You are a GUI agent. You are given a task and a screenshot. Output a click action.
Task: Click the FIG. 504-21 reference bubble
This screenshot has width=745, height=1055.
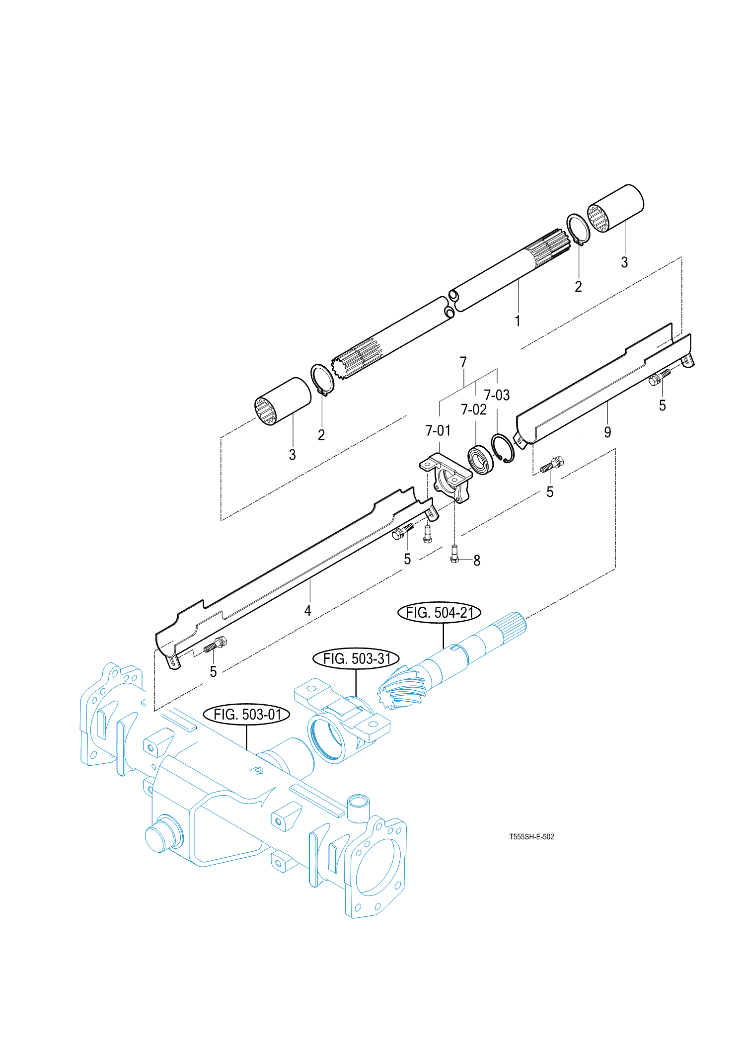pyautogui.click(x=439, y=613)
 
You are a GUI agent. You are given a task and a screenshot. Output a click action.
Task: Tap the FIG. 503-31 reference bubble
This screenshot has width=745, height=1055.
pyautogui.click(x=356, y=659)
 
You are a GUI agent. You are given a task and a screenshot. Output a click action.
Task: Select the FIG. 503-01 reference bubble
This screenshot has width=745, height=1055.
pyautogui.click(x=247, y=715)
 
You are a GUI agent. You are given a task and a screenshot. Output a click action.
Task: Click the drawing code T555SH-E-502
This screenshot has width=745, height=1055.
pyautogui.click(x=531, y=837)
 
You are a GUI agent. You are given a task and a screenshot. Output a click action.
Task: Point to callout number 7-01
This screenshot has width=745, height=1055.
pyautogui.click(x=438, y=430)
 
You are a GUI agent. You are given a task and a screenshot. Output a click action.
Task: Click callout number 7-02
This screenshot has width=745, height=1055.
pyautogui.click(x=474, y=409)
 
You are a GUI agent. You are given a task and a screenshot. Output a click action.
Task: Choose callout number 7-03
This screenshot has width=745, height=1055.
pyautogui.click(x=497, y=395)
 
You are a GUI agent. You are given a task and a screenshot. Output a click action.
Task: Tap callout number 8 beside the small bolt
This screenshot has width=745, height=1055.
pyautogui.click(x=477, y=561)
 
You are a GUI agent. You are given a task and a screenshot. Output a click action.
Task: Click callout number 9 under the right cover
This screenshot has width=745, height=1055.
pyautogui.click(x=607, y=432)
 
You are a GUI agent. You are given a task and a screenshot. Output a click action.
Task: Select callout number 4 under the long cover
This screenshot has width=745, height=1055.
pyautogui.click(x=308, y=610)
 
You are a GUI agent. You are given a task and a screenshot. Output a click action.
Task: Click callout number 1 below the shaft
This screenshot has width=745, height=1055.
pyautogui.click(x=518, y=321)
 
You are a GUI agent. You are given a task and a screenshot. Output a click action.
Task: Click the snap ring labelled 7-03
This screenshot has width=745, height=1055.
pyautogui.click(x=503, y=448)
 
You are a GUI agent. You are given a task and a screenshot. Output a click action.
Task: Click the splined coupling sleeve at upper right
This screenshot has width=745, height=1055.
pyautogui.click(x=616, y=208)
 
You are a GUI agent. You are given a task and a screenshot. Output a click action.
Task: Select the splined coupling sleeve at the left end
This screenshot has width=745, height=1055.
pyautogui.click(x=283, y=401)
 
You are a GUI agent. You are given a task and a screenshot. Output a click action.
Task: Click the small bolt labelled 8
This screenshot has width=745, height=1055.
pyautogui.click(x=454, y=554)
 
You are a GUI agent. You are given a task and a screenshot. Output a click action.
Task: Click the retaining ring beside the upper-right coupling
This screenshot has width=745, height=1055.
pyautogui.click(x=578, y=229)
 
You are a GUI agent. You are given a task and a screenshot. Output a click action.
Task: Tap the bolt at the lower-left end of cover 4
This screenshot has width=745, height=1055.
pyautogui.click(x=216, y=646)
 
